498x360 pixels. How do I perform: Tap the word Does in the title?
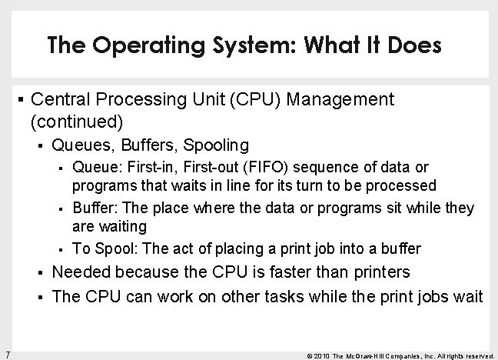click(412, 45)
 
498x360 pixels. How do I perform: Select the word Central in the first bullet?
click(61, 99)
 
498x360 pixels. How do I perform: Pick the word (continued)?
click(76, 121)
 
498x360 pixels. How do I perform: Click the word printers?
click(377, 272)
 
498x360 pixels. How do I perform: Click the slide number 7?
click(6, 353)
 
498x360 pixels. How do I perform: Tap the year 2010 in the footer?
click(323, 355)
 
